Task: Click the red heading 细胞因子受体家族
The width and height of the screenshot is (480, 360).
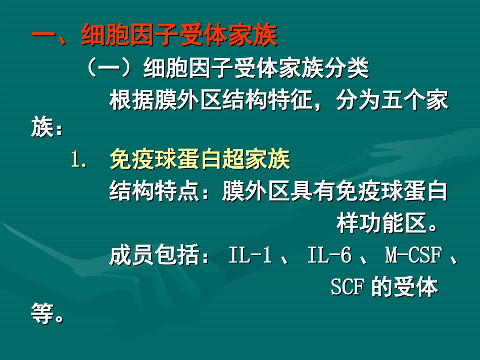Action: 179,36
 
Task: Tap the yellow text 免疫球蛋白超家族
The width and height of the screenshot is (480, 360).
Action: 200,161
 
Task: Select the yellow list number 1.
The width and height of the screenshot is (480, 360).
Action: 80,161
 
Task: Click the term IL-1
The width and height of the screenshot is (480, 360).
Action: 250,256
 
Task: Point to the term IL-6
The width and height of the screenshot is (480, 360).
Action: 329,256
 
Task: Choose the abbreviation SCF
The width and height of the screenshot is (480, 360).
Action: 348,288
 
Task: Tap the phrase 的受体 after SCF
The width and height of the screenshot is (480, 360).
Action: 405,288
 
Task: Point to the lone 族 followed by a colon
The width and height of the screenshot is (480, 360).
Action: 42,129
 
